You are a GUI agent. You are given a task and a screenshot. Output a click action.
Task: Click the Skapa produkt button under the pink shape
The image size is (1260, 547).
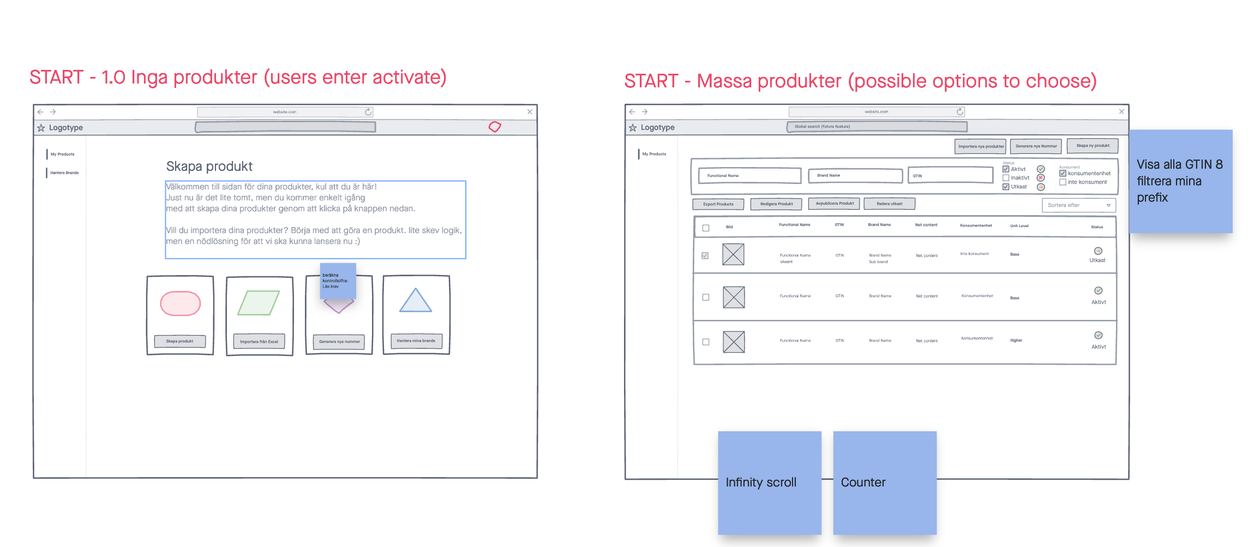[180, 341]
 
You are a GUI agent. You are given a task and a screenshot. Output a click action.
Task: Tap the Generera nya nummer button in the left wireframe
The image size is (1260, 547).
[339, 342]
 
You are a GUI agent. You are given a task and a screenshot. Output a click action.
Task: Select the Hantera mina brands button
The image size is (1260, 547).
[416, 341]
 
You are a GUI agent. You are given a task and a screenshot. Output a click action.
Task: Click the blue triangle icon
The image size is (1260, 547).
[416, 302]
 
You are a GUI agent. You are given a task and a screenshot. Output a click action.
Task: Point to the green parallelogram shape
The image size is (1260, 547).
[259, 303]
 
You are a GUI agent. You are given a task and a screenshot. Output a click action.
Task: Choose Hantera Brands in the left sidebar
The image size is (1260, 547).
[64, 173]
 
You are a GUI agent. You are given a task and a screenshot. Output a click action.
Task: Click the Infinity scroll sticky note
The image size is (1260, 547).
[769, 483]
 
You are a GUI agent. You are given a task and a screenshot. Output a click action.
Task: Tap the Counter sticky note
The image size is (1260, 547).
[884, 483]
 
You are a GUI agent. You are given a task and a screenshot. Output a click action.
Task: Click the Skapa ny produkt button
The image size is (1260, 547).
[1093, 146]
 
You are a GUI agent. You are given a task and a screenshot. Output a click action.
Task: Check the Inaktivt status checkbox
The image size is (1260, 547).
[1006, 178]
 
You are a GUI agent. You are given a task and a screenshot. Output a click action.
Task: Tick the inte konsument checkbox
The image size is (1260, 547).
[1063, 182]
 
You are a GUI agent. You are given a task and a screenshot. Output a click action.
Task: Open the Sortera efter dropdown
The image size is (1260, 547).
[1078, 205]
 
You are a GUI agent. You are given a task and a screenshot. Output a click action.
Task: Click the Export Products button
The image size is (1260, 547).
[718, 204]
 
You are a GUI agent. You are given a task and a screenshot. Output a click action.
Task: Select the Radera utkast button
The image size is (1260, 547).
[889, 204]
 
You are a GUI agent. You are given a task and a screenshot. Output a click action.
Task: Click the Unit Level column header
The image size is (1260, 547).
[1019, 225]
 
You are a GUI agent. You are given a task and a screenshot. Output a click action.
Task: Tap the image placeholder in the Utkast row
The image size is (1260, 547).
[733, 254]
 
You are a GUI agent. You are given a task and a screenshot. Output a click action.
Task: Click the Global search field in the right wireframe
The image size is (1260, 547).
[877, 127]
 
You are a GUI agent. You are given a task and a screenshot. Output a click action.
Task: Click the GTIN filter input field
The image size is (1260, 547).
[950, 175]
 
